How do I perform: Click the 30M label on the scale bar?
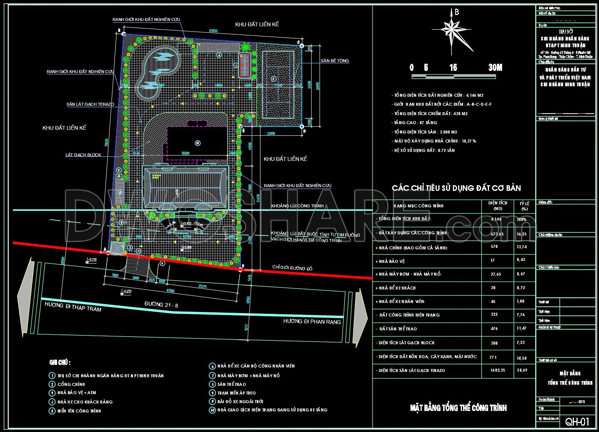495,67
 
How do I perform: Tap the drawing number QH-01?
577,422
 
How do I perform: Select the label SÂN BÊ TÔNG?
335,61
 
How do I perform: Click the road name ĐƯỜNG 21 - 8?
161,305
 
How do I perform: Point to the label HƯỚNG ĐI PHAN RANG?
312,322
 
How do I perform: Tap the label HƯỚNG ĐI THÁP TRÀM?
73,306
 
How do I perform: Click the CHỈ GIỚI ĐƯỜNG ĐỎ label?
292,268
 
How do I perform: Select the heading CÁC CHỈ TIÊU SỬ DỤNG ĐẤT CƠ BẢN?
456,188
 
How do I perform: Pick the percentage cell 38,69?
522,370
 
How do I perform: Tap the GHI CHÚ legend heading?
60,363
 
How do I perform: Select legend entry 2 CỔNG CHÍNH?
71,384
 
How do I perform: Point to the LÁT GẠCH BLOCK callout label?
83,155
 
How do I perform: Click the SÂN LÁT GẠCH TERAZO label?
90,104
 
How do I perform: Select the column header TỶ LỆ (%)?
524,206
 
